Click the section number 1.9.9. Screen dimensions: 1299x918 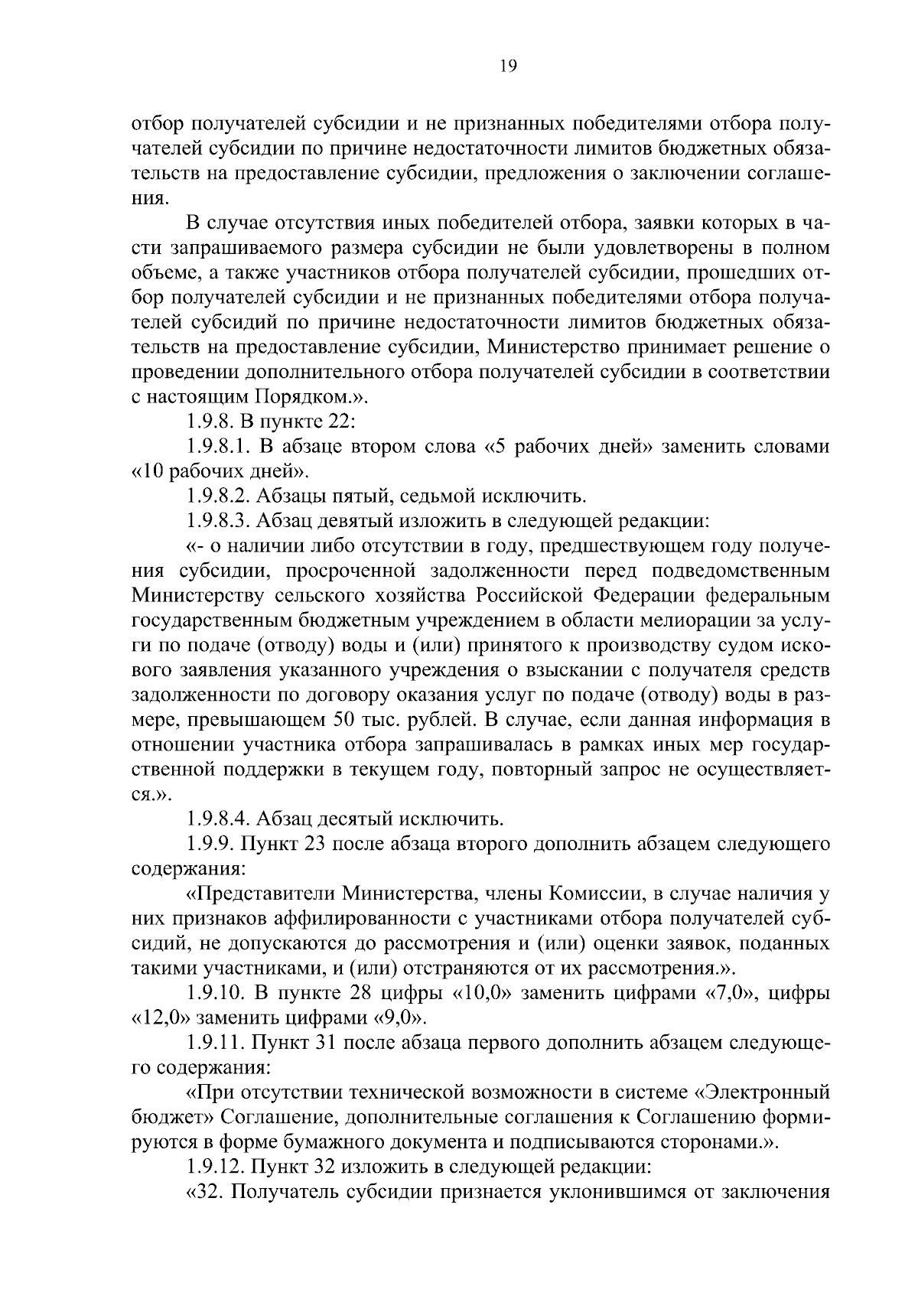[210, 845]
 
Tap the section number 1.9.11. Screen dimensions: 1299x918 [215, 1043]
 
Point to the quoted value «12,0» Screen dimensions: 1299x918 [163, 1018]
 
